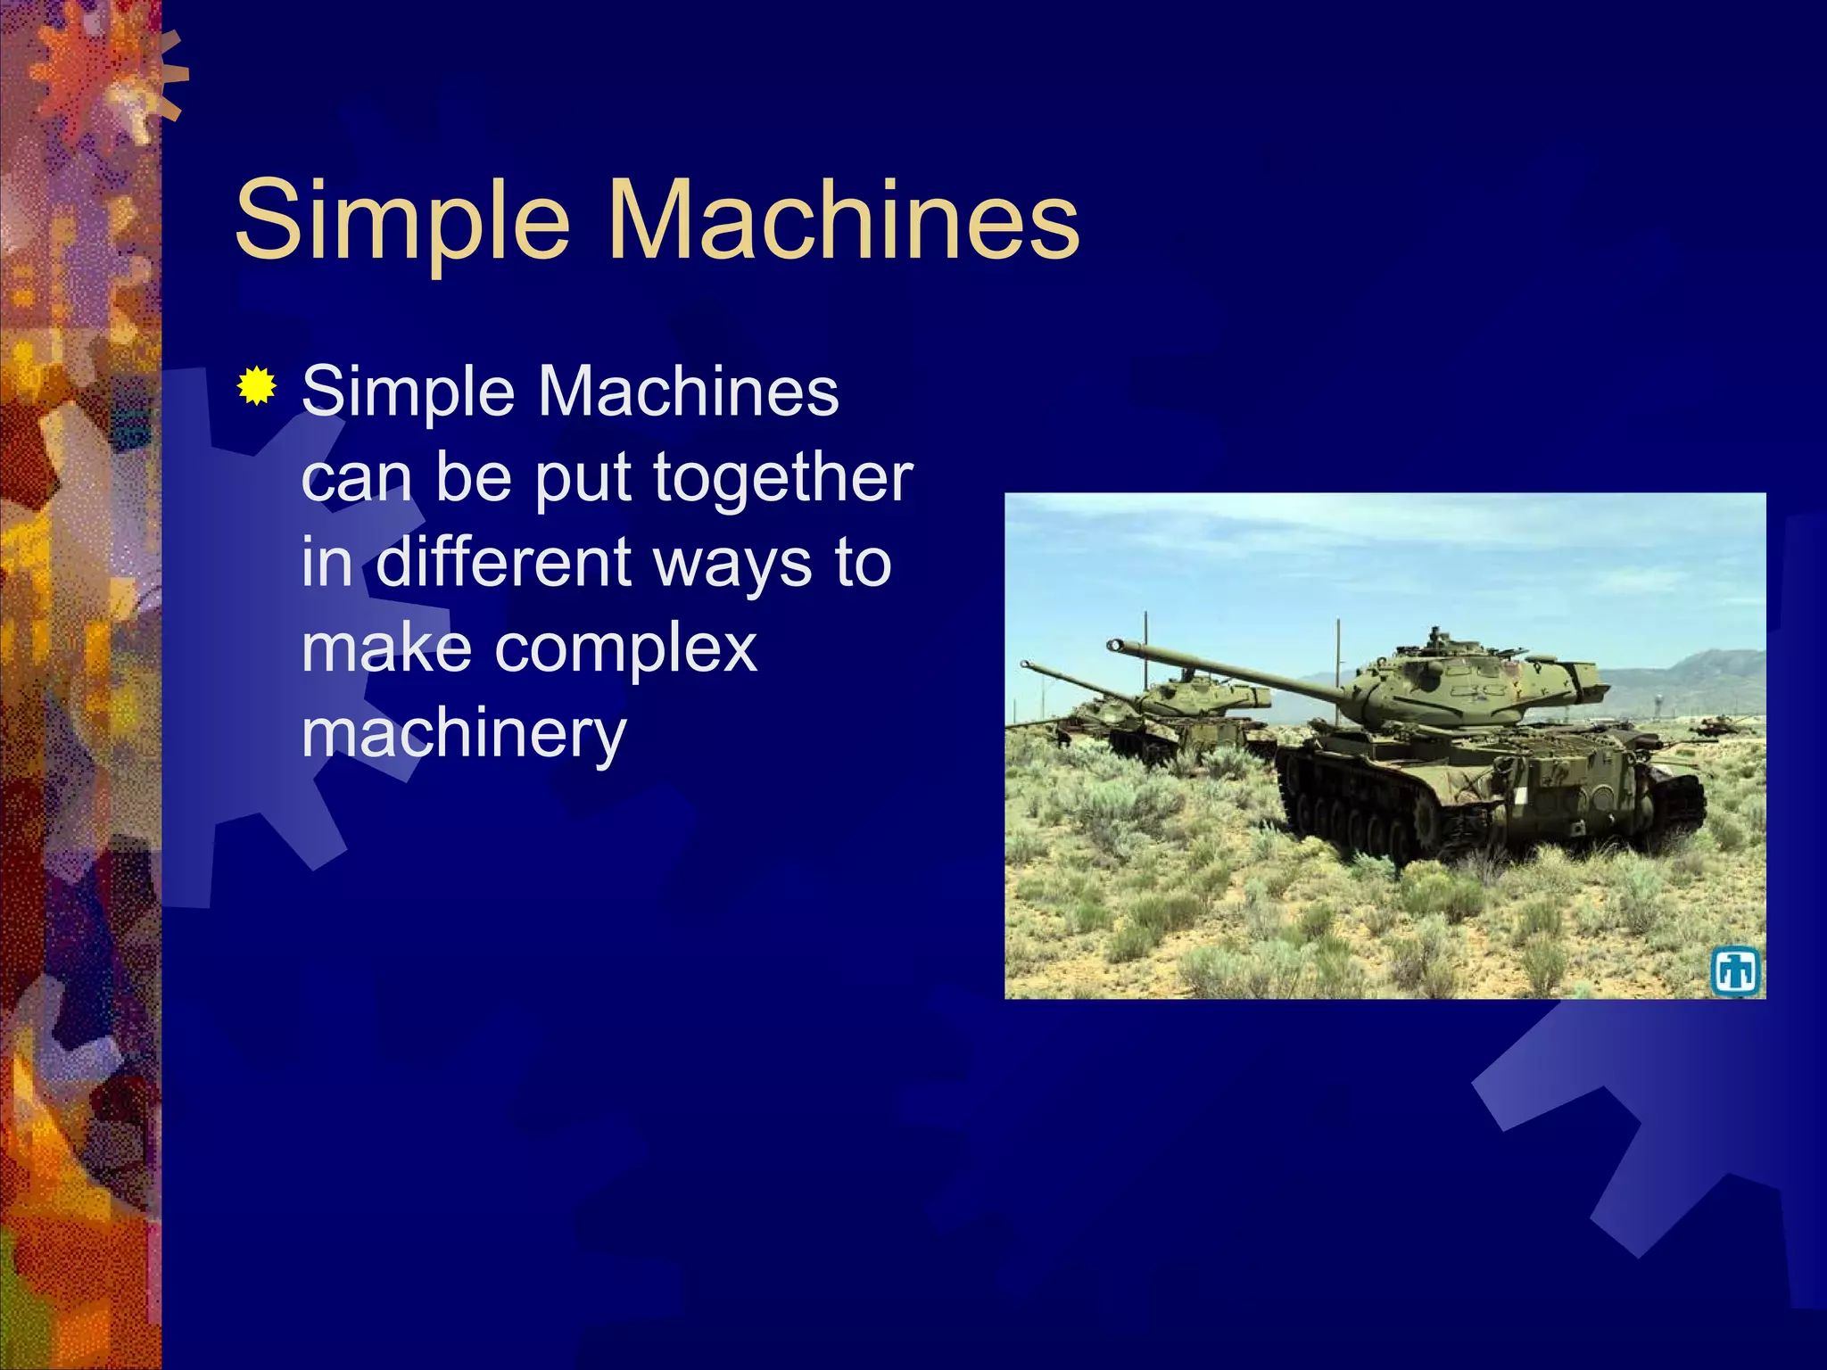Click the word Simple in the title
click(x=401, y=220)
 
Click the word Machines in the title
click(x=843, y=220)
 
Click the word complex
click(x=625, y=648)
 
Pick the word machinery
click(x=464, y=734)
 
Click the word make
click(x=386, y=648)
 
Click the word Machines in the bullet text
click(x=689, y=392)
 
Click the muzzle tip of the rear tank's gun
click(x=1025, y=664)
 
